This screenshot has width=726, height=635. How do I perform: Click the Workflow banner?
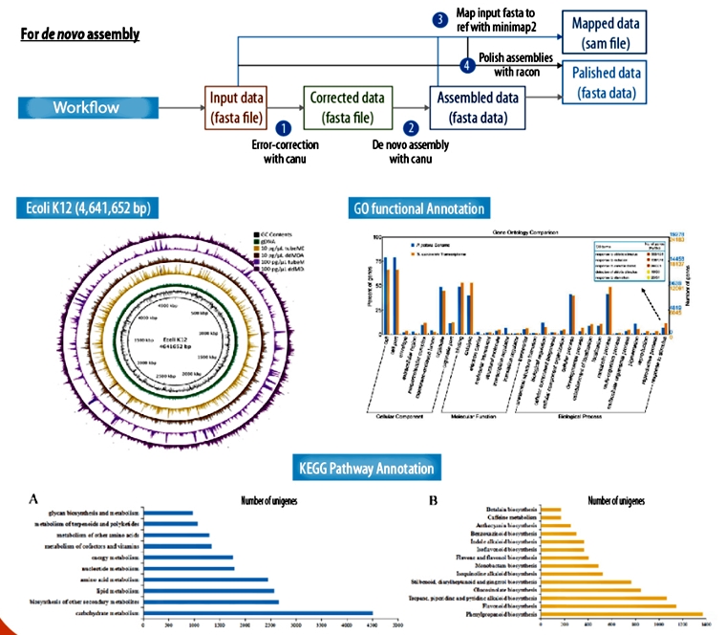86,107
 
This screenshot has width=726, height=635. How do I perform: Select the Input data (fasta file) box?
238,107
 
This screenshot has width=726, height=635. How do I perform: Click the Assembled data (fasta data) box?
478,107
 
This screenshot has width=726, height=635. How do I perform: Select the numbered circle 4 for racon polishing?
466,65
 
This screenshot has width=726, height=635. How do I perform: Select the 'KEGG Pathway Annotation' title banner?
364,469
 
